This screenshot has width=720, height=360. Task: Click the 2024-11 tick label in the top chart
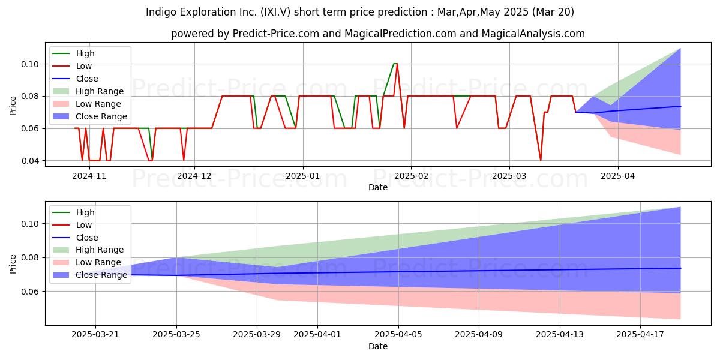pyautogui.click(x=89, y=176)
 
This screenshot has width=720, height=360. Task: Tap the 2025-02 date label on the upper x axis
pyautogui.click(x=411, y=176)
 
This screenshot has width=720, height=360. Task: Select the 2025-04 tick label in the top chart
pyautogui.click(x=618, y=176)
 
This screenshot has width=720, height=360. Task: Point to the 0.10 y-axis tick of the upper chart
pyautogui.click(x=30, y=64)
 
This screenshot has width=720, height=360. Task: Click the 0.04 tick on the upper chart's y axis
pyautogui.click(x=30, y=161)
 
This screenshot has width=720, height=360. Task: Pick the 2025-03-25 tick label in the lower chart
pyautogui.click(x=176, y=335)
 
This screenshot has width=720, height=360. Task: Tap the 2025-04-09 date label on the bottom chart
pyautogui.click(x=479, y=335)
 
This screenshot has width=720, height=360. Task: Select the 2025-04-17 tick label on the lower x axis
pyautogui.click(x=640, y=335)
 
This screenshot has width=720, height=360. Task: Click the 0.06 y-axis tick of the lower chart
pyautogui.click(x=30, y=292)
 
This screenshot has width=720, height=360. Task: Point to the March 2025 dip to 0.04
pyautogui.click(x=541, y=160)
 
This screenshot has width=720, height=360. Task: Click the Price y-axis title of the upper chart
pyautogui.click(x=13, y=106)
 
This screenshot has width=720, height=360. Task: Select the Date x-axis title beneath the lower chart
pyautogui.click(x=378, y=346)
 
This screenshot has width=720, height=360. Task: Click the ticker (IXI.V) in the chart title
pyautogui.click(x=275, y=12)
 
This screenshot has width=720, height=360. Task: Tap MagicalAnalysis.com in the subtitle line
pyautogui.click(x=533, y=34)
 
